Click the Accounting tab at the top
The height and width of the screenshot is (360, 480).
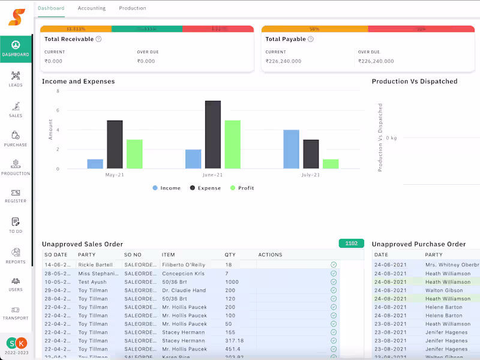92,8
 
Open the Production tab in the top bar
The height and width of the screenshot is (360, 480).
133,8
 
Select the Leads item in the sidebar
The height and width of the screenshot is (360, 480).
16,79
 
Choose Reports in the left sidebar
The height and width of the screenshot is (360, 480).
16,256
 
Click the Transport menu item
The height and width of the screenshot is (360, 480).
16,313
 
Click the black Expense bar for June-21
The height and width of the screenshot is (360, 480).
213,134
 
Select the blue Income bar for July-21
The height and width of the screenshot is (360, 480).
291,149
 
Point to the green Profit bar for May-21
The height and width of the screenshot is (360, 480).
134,154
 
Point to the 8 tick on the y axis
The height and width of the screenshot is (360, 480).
58,91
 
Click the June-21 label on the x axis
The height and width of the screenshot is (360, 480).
212,175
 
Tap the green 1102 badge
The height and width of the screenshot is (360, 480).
352,243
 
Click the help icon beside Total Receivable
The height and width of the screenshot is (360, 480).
98,39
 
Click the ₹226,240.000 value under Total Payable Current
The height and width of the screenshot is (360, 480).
284,61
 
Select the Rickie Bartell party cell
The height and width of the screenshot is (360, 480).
95,265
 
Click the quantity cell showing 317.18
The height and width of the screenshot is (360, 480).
234,341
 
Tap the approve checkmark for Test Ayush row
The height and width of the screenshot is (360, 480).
334,281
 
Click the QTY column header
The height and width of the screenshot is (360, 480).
230,255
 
